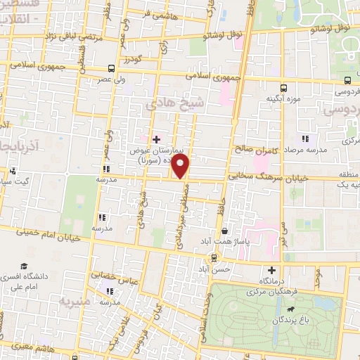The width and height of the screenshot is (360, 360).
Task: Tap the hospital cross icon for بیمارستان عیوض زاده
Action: [x=156, y=139]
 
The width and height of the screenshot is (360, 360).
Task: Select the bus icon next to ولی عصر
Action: [x=112, y=69]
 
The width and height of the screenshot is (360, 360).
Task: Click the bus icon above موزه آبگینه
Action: [x=283, y=88]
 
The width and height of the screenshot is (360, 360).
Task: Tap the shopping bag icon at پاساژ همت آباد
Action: [x=224, y=231]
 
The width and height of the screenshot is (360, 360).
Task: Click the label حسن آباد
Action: [x=214, y=269]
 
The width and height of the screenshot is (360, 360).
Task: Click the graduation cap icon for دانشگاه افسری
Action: [x=26, y=267]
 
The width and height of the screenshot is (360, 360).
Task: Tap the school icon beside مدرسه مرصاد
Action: [x=304, y=138]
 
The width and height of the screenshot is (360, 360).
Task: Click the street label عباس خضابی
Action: [x=108, y=276]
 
